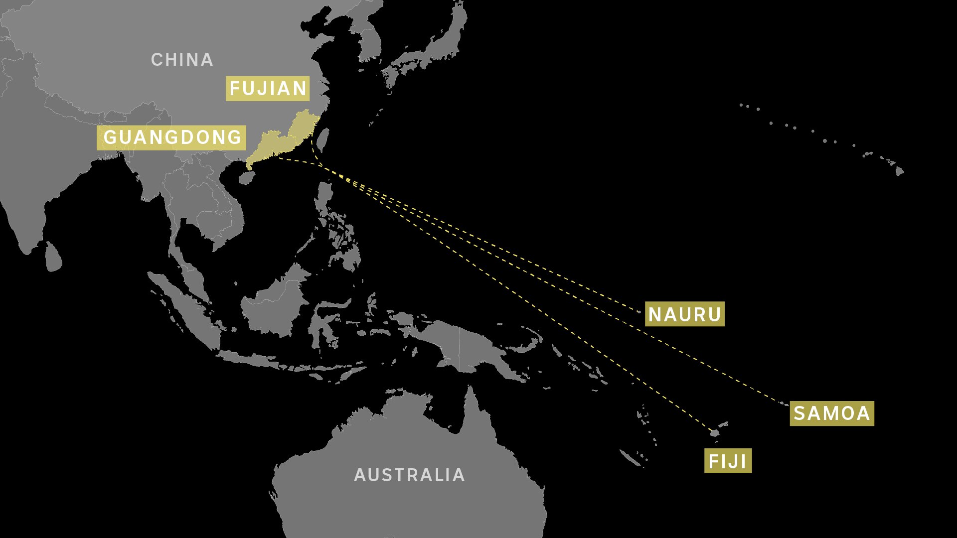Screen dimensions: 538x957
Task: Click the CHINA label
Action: [x=182, y=60]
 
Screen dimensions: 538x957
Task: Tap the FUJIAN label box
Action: [x=268, y=89]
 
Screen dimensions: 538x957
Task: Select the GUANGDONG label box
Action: [x=171, y=137]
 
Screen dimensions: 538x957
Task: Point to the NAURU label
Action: [x=684, y=314]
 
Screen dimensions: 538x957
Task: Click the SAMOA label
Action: [x=831, y=413]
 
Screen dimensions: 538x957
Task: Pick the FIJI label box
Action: [x=728, y=461]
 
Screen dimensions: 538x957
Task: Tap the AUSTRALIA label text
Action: [x=409, y=475]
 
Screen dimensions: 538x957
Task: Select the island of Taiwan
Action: [x=323, y=139]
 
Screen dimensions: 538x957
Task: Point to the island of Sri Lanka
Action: [x=53, y=257]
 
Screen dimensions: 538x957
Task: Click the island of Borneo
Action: [x=274, y=304]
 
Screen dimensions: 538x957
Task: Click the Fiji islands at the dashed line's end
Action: [x=715, y=433]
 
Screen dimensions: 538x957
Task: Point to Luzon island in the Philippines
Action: [x=325, y=197]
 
